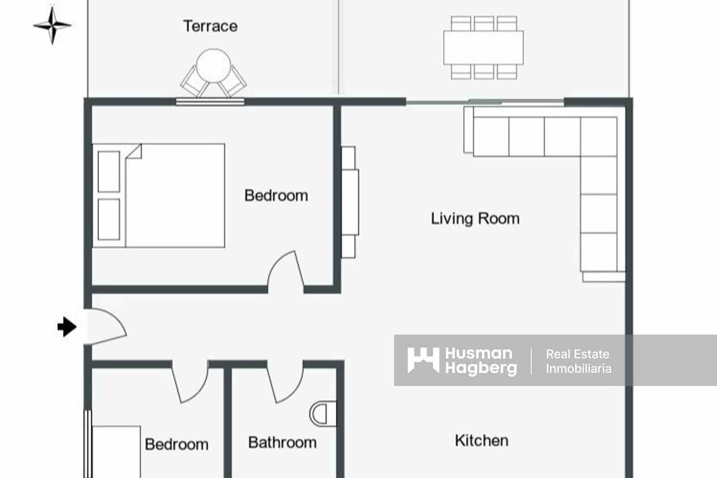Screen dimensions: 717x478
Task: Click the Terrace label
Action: point(210,26)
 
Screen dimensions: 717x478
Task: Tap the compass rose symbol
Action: point(52,25)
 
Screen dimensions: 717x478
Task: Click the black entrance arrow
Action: point(67,327)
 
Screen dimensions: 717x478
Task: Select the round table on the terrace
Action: point(213,65)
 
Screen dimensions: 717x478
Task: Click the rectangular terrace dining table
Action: point(484,48)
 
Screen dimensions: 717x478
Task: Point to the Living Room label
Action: point(475,219)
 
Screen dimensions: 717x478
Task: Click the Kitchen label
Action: point(481,440)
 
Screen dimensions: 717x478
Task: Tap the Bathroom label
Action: point(282,443)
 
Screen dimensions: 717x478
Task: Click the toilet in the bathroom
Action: point(323,414)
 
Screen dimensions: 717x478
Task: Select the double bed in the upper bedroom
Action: point(159,196)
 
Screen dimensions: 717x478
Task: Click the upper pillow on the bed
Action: point(109,172)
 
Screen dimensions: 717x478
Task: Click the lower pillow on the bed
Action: point(109,219)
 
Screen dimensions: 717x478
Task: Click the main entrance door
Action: point(105,326)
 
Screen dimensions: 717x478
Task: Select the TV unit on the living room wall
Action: point(350,202)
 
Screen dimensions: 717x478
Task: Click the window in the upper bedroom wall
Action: point(210,102)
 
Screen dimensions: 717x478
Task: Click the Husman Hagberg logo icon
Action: point(423,360)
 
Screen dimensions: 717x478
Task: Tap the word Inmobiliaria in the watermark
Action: point(579,369)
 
